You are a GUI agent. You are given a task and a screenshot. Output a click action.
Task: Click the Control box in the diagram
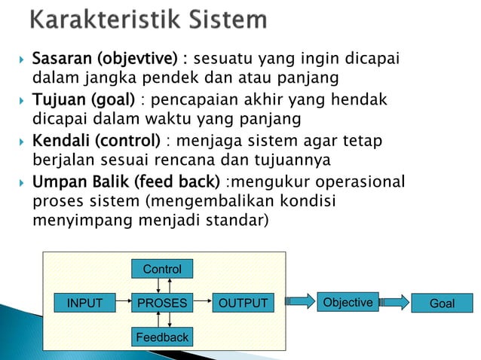coord(161,268)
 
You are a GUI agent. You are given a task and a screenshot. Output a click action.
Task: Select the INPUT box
coord(85,304)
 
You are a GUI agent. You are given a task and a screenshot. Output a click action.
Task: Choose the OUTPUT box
coord(243,304)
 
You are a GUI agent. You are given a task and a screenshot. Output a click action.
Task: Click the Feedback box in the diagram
coord(161,337)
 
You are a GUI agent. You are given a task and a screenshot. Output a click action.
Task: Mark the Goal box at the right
coord(441,304)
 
